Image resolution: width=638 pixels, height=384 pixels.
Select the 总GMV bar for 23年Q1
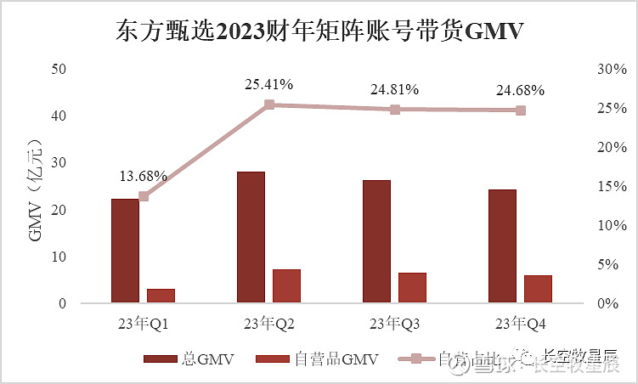coord(125,251)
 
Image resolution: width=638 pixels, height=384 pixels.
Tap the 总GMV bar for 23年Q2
coord(251,237)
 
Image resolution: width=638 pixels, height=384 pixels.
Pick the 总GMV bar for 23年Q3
coord(376,241)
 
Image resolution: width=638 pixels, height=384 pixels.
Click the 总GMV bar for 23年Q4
coord(502,246)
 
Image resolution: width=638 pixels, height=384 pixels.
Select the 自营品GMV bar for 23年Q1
coord(161,296)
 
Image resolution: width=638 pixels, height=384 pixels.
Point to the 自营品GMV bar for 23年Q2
coord(286,286)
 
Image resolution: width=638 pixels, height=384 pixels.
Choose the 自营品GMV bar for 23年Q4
coord(538,289)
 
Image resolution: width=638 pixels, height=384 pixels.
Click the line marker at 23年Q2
coord(268,104)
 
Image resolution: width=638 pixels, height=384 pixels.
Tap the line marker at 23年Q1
coord(144,196)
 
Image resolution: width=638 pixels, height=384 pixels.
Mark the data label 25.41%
coord(268,84)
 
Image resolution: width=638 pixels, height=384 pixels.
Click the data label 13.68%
coord(143,177)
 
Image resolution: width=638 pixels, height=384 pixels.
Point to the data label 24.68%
coord(520,90)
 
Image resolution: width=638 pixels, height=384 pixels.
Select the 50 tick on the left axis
coord(59,69)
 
